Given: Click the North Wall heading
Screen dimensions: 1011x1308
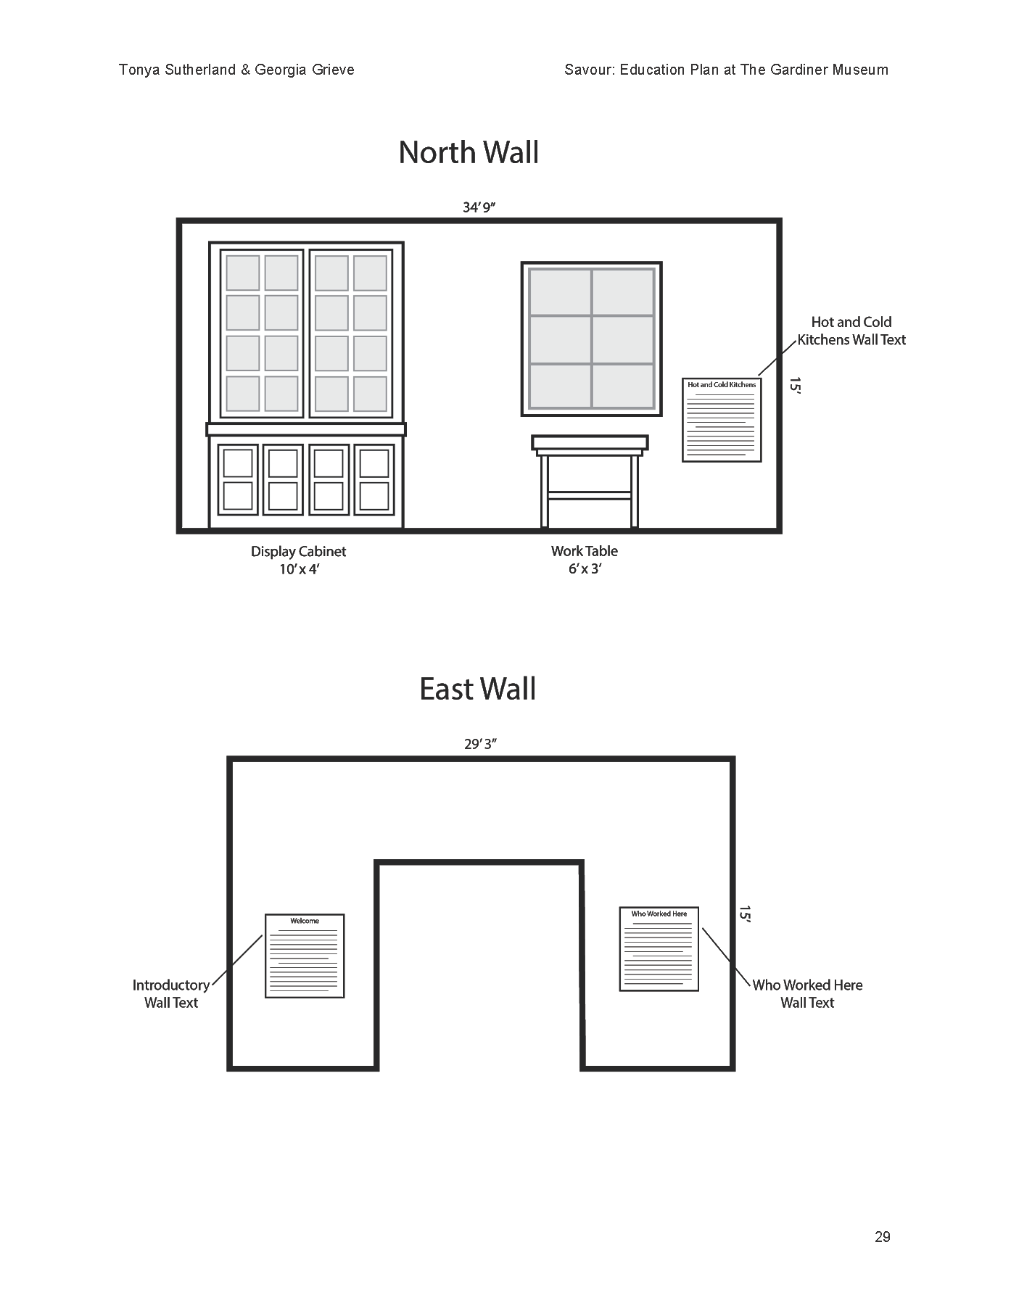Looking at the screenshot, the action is [x=469, y=153].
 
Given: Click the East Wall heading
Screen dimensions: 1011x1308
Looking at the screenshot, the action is [x=477, y=689].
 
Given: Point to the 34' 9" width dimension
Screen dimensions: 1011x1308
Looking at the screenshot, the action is [x=479, y=208].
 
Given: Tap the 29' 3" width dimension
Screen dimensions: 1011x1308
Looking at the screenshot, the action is [x=480, y=745].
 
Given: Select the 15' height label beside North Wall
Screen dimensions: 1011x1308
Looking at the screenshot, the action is [x=796, y=386].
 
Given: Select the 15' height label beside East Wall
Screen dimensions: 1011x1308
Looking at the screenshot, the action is [x=745, y=914].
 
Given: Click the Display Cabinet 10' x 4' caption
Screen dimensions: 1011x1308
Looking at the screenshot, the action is [x=298, y=560].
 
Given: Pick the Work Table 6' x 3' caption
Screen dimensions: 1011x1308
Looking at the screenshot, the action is [x=585, y=560].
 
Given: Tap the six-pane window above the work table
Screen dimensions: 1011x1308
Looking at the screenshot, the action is [x=592, y=339].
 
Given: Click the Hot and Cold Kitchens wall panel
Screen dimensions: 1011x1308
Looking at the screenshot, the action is [x=722, y=420].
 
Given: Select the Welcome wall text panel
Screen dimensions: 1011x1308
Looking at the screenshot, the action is [x=305, y=956].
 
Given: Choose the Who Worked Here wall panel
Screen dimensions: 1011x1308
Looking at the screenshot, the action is [x=659, y=949].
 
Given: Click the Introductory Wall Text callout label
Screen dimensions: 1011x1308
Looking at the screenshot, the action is [x=171, y=994].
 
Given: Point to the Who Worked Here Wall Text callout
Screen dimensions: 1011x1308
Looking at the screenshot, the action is [x=807, y=994].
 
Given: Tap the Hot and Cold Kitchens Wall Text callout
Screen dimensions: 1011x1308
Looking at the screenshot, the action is [x=851, y=331].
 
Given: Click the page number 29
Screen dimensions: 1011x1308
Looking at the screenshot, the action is [x=882, y=1237].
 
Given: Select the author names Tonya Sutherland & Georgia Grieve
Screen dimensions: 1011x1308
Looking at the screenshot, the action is [x=236, y=70].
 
